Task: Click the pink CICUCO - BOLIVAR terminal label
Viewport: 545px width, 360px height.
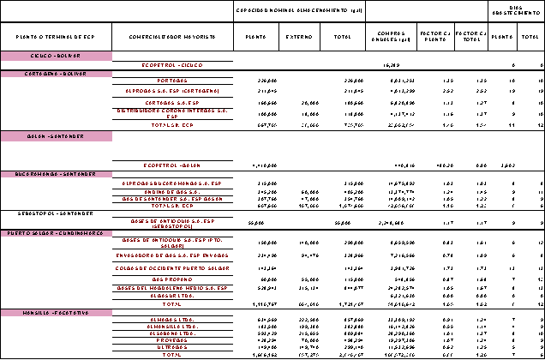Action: [x=57, y=55]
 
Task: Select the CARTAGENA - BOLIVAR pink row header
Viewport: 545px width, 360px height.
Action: [x=57, y=74]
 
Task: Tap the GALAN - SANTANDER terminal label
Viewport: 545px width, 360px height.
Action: [x=57, y=136]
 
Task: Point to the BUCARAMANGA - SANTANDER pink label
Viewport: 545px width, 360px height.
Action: [x=57, y=174]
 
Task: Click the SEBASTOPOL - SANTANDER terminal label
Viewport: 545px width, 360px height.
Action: [x=57, y=213]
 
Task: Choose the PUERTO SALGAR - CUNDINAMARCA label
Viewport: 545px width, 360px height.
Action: [x=57, y=232]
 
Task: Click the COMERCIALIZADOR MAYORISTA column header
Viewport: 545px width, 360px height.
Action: [x=174, y=38]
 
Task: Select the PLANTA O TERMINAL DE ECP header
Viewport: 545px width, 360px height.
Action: [x=57, y=38]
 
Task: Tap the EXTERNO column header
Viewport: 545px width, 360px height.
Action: [x=299, y=38]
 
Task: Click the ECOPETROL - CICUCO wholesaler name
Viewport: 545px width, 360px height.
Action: [x=174, y=64]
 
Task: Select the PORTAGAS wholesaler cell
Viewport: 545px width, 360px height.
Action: [x=174, y=81]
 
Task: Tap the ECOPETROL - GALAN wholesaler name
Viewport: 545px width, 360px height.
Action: [x=174, y=165]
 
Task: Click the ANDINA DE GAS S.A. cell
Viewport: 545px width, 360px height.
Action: [x=174, y=191]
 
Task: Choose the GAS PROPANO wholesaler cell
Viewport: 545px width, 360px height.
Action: [x=174, y=279]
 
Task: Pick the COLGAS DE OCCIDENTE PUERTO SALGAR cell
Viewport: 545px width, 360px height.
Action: [x=174, y=267]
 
